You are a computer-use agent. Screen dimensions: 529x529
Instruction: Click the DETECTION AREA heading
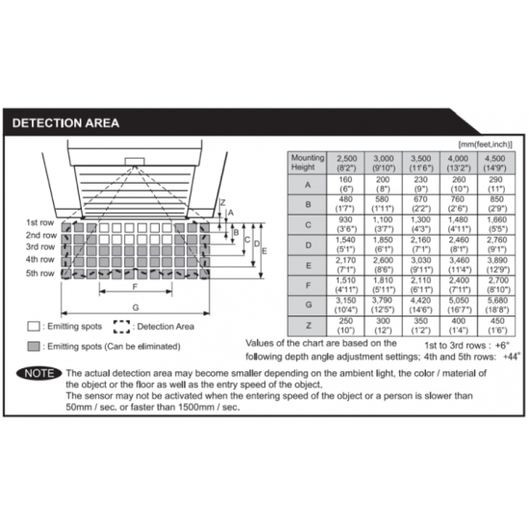pos(65,122)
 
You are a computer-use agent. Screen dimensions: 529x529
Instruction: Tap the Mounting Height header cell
pos(308,163)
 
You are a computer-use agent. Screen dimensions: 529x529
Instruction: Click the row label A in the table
pos(308,184)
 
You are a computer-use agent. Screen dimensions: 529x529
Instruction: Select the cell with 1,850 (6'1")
pos(384,244)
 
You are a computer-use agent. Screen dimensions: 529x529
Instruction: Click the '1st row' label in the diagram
pos(39,222)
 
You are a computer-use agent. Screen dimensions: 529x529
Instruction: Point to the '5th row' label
pos(39,272)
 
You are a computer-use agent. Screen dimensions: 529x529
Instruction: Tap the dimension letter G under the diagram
pos(137,307)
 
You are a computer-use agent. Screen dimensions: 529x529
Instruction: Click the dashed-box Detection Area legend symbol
pos(121,326)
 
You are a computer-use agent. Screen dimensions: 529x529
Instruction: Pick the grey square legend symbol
pos(33,346)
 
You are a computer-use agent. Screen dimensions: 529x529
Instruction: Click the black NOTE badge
pos(38,371)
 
